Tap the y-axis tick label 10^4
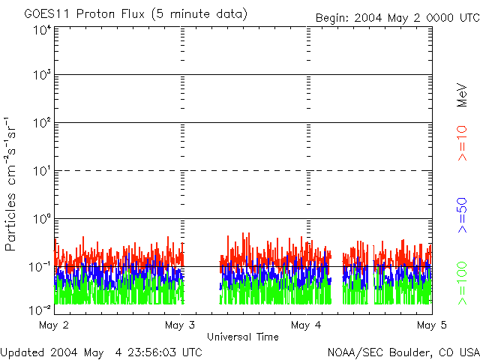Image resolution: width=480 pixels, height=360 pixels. [41, 30]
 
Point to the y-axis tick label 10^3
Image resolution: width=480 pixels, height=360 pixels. [41, 75]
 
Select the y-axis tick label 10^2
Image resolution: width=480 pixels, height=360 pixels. [41, 122]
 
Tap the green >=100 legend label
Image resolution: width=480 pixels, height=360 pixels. [463, 282]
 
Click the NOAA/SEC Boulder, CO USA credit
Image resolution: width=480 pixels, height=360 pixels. [403, 352]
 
